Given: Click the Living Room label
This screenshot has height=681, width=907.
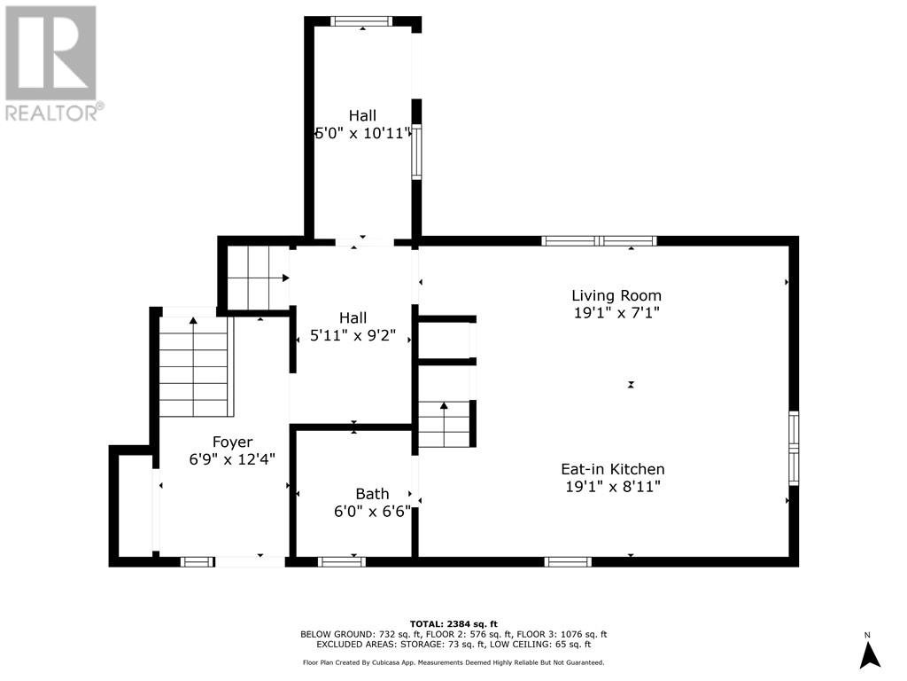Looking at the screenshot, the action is pyautogui.click(x=616, y=295).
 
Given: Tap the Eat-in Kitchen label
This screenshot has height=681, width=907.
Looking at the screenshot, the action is pyautogui.click(x=613, y=469).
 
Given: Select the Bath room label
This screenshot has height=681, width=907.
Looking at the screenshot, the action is pyautogui.click(x=372, y=494).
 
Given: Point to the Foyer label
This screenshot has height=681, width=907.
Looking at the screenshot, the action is pyautogui.click(x=232, y=442).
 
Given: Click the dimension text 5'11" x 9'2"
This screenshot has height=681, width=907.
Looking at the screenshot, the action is pyautogui.click(x=353, y=335).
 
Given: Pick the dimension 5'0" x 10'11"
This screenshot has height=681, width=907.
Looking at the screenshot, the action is pyautogui.click(x=362, y=133).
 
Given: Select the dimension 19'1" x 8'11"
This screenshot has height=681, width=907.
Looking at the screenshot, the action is pyautogui.click(x=613, y=487).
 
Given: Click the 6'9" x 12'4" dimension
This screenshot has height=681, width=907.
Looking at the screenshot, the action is pyautogui.click(x=232, y=459).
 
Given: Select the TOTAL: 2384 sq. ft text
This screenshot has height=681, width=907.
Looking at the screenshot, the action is pyautogui.click(x=453, y=623).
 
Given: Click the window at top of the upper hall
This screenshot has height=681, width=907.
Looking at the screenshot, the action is pyautogui.click(x=361, y=21).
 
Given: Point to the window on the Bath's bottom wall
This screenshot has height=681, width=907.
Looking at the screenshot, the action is pyautogui.click(x=341, y=561).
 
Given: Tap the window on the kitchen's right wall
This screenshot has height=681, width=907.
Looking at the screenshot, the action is pyautogui.click(x=794, y=448).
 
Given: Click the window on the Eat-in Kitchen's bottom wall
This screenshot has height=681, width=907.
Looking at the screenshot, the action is pyautogui.click(x=568, y=561).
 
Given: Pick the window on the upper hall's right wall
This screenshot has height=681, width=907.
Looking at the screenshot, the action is pyautogui.click(x=416, y=152).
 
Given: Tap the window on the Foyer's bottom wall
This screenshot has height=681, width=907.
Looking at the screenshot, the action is pyautogui.click(x=196, y=561).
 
